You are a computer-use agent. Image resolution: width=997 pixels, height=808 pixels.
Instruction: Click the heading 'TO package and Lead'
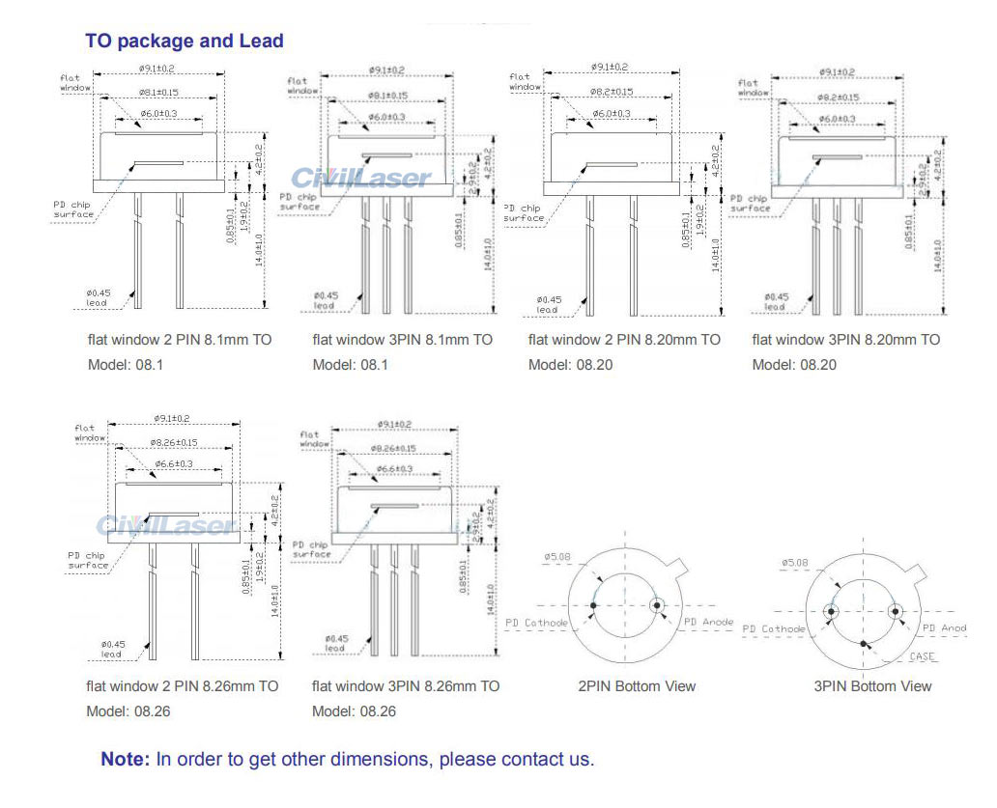[x=185, y=41]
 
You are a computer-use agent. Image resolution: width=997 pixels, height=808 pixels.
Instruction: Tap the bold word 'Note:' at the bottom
[x=126, y=759]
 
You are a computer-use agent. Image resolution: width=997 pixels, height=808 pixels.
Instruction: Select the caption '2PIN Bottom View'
[x=637, y=686]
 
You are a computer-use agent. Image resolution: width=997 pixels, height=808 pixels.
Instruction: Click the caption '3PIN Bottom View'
[x=872, y=686]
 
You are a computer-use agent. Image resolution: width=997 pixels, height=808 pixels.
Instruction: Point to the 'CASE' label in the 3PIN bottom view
[x=923, y=656]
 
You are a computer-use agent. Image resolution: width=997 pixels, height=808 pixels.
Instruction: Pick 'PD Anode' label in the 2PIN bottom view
[x=708, y=622]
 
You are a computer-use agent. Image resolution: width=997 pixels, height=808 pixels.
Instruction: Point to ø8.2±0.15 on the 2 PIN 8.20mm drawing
[x=610, y=92]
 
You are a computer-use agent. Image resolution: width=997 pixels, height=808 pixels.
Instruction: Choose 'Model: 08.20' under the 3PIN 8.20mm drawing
[x=794, y=365]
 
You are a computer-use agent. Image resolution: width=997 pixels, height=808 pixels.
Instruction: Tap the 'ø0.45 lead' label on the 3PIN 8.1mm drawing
[x=325, y=301]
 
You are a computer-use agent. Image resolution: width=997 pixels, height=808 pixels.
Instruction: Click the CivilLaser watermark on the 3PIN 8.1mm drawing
[x=361, y=178]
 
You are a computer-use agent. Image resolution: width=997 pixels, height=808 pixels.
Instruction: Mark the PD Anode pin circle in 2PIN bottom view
[x=658, y=606]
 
